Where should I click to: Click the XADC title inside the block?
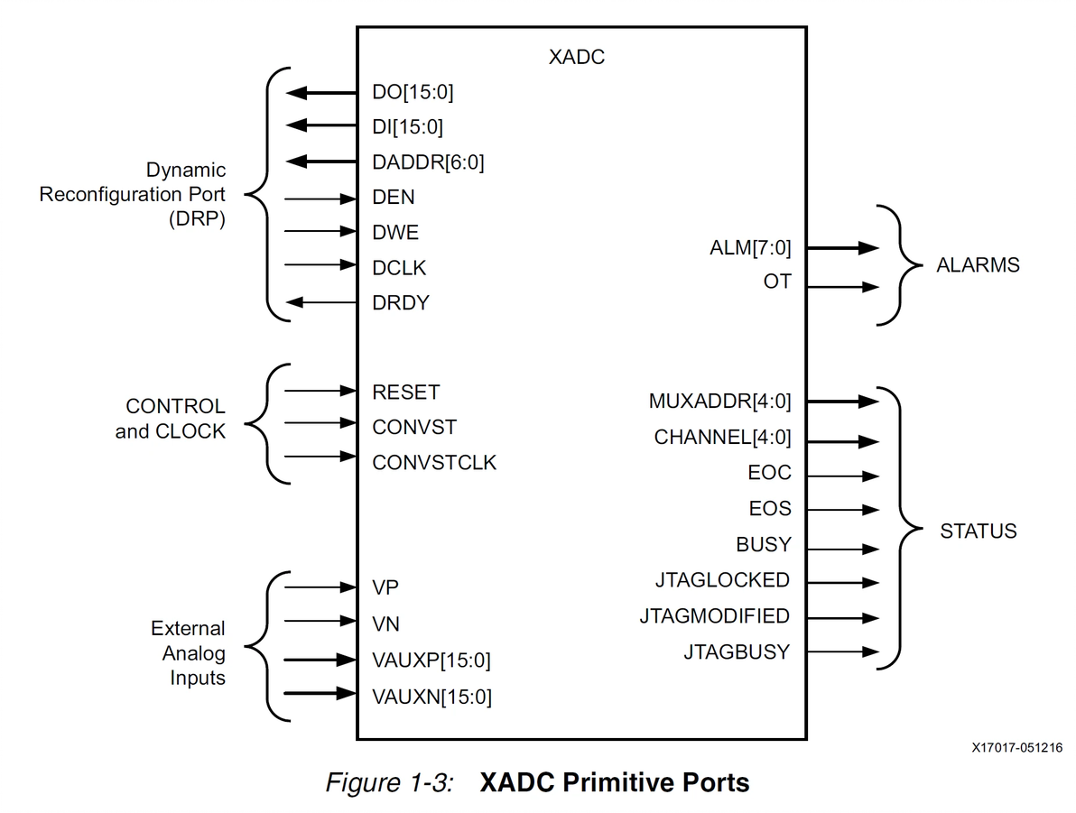[x=576, y=57]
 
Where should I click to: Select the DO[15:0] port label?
[x=408, y=92]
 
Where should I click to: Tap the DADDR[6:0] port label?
[x=428, y=162]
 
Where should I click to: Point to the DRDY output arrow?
[x=320, y=303]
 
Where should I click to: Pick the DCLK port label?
[x=399, y=268]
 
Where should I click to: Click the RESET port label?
[x=405, y=393]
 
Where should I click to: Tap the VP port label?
[x=385, y=587]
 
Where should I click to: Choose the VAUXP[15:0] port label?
[x=431, y=661]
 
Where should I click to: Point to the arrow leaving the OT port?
[x=842, y=288]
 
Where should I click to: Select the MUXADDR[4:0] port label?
[x=719, y=402]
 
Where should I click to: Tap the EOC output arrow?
[x=842, y=476]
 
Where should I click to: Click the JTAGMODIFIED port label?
[x=714, y=616]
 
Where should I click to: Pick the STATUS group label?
[x=978, y=531]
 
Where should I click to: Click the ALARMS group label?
[x=978, y=265]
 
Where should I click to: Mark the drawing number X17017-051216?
[x=1016, y=747]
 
